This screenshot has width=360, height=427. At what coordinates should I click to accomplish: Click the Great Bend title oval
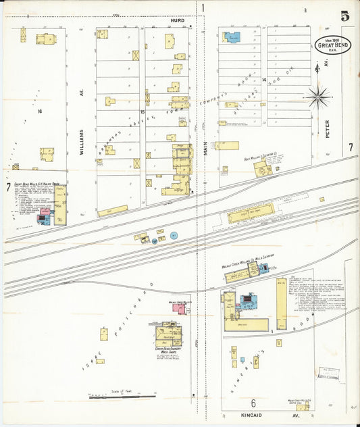point(332,45)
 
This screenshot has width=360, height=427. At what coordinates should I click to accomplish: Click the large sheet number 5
point(344,16)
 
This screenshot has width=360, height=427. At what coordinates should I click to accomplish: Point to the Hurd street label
point(178,22)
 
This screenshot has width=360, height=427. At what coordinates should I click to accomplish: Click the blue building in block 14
point(232,37)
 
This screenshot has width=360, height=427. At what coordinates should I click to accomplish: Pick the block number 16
point(41,111)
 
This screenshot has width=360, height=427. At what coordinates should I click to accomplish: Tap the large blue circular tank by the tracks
point(174,235)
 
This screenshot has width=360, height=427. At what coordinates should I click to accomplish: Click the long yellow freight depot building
point(251,214)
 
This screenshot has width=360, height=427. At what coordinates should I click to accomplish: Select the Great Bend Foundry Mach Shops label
point(168,351)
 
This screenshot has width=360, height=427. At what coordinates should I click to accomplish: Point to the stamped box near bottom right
point(329,373)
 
